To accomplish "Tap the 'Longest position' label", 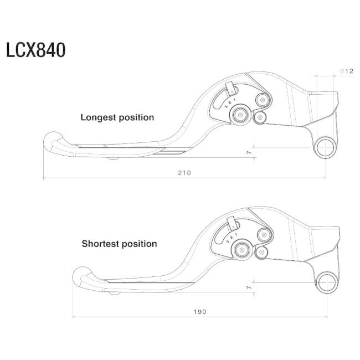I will pyautogui.click(x=117, y=117).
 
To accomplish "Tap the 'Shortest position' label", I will pyautogui.click(x=119, y=244).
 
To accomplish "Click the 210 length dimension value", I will pyautogui.click(x=184, y=173).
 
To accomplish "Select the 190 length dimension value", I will pyautogui.click(x=200, y=312).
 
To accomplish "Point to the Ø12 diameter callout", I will pyautogui.click(x=346, y=71).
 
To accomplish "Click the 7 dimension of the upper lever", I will pyautogui.click(x=250, y=152).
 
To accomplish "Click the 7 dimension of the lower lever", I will pyautogui.click(x=250, y=288).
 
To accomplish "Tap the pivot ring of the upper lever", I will pyautogui.click(x=325, y=148).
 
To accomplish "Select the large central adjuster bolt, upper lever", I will pyautogui.click(x=240, y=115).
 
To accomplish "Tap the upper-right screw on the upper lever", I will pyautogui.click(x=263, y=100).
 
